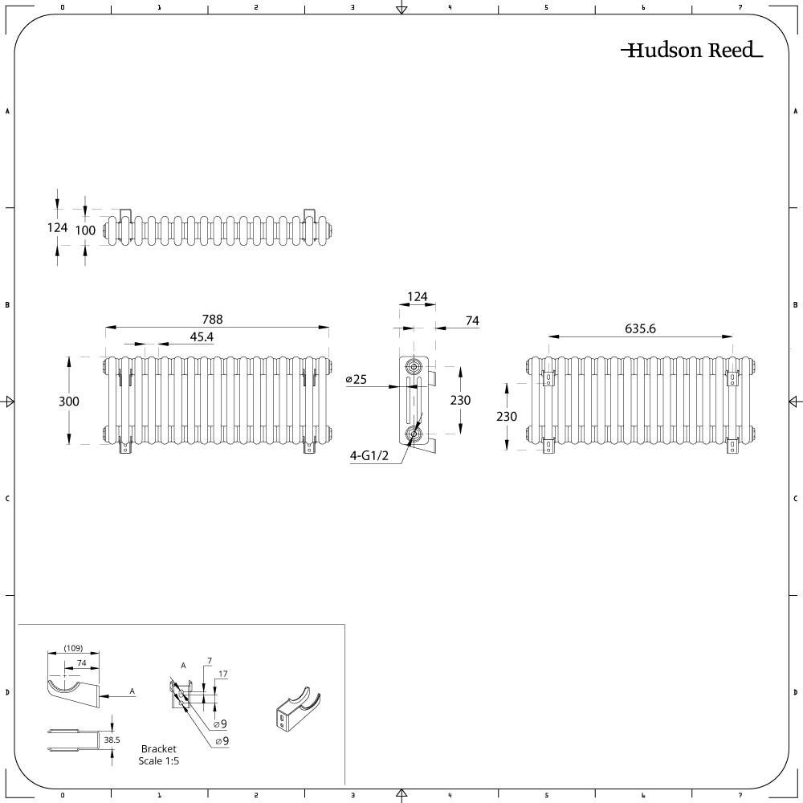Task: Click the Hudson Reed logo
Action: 692,50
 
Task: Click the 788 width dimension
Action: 212,319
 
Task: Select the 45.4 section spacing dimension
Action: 202,336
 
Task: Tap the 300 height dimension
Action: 68,401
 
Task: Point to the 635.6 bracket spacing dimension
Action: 640,328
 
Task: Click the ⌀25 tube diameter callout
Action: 357,379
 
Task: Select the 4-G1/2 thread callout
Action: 369,455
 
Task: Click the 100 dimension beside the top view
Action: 85,230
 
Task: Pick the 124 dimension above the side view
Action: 418,296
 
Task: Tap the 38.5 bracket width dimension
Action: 112,740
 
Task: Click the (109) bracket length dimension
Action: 73,648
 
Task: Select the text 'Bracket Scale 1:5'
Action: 159,755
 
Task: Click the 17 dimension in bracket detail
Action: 222,674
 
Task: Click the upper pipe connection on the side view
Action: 413,367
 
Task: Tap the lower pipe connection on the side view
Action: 413,434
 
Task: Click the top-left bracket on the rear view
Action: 548,377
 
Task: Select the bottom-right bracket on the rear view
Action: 733,446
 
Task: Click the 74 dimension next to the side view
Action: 472,320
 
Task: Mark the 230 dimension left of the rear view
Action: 506,416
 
